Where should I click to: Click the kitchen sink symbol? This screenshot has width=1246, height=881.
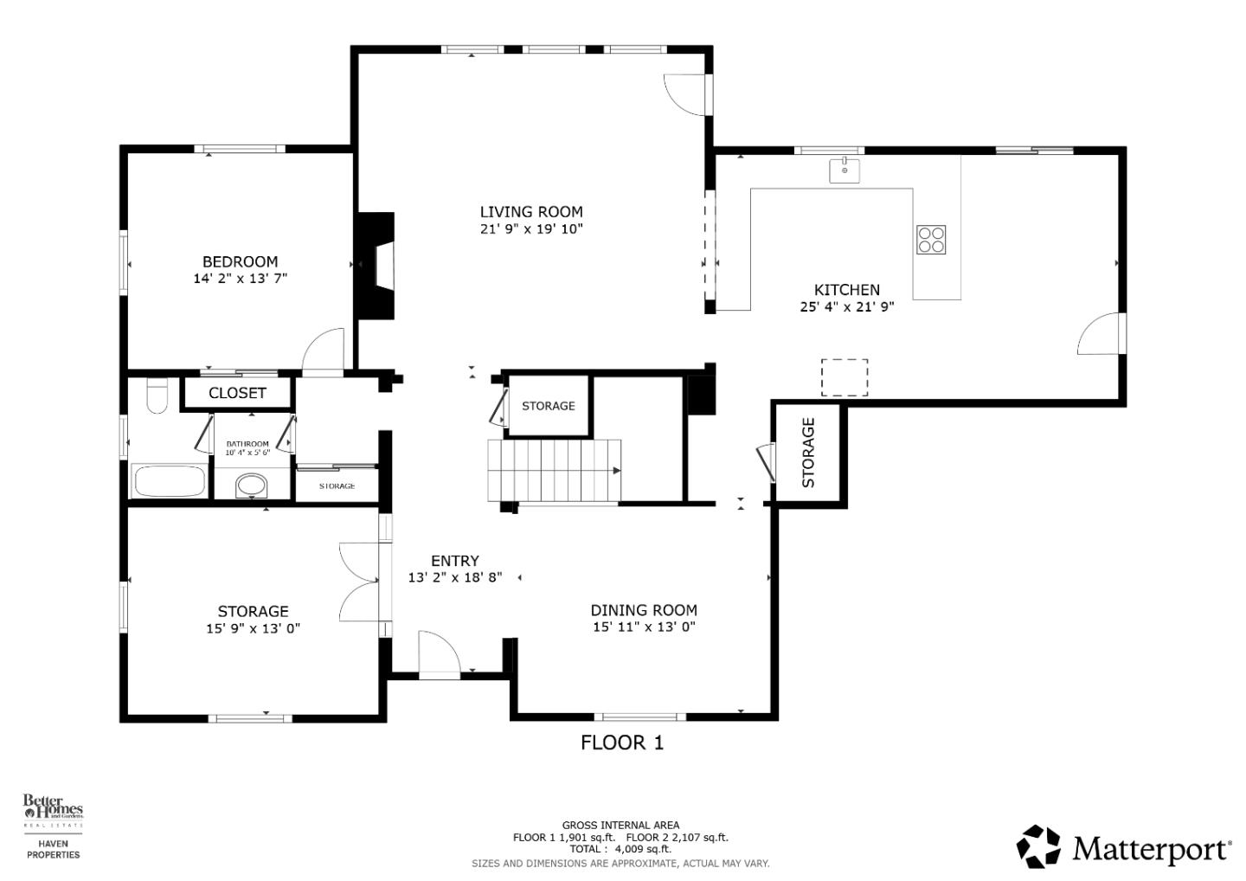point(845,170)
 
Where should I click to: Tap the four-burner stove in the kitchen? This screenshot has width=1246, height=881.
point(931,239)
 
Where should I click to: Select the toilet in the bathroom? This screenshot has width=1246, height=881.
point(157,396)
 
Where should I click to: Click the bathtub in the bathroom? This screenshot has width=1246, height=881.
point(170,482)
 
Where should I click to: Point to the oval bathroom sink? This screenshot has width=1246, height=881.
point(252,486)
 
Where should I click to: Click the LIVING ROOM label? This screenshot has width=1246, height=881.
point(531,212)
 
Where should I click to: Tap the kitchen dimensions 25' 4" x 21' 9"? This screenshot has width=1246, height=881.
point(846,306)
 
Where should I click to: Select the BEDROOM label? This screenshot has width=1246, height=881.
point(240,261)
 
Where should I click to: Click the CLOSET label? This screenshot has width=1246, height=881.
point(237,393)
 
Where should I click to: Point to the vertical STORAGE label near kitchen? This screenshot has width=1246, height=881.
point(808,453)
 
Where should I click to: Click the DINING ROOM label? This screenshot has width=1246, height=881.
point(644,610)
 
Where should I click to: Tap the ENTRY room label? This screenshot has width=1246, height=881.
point(454,561)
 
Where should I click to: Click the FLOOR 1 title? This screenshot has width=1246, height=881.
point(621,743)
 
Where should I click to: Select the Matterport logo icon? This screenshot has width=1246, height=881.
point(1038,846)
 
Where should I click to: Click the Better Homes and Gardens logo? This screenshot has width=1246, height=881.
point(53,810)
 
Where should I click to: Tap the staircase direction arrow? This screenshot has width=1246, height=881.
point(616,471)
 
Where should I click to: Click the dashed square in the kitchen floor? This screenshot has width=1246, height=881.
point(844,377)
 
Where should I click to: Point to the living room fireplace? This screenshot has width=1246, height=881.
point(377,267)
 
